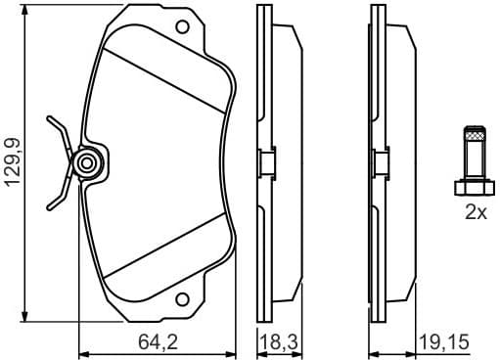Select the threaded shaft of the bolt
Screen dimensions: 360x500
tap(476, 153)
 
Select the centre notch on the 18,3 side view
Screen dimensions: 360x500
tap(265, 162)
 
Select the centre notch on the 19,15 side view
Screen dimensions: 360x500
tap(382, 162)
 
